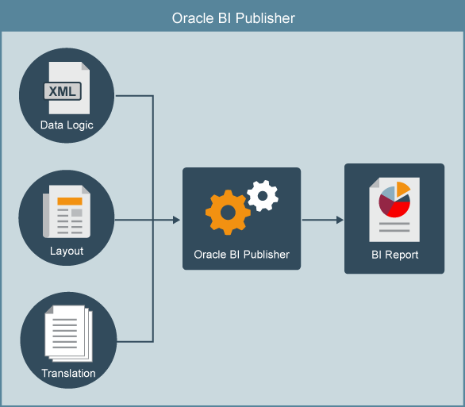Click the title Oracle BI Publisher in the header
(232, 17)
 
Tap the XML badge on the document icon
(63, 91)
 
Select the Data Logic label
(67, 125)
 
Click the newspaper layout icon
(67, 210)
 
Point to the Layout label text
(67, 251)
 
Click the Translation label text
(68, 373)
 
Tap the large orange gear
(228, 211)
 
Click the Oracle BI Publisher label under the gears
(241, 255)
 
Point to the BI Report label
(394, 255)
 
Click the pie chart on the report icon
(394, 198)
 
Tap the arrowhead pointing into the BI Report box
(340, 220)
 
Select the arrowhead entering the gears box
(177, 220)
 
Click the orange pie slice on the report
(402, 188)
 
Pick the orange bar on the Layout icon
(70, 200)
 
